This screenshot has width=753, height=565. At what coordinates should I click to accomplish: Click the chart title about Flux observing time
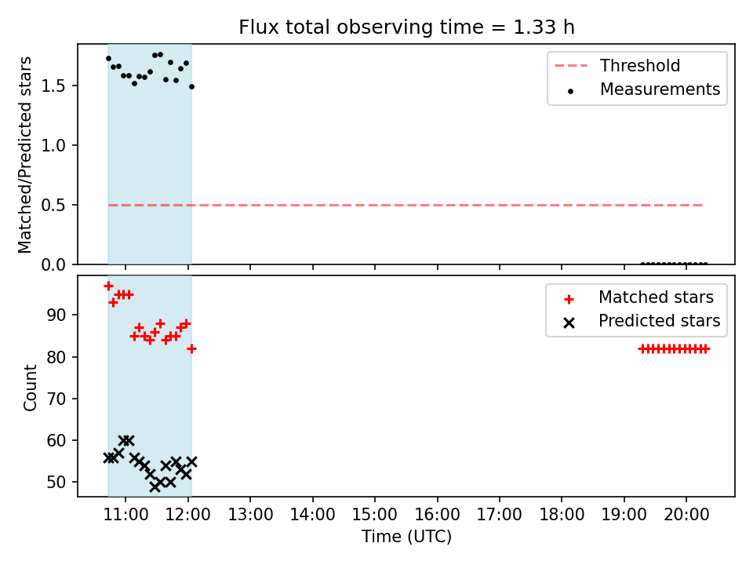(406, 27)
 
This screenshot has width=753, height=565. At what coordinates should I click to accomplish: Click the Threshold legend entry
(617, 65)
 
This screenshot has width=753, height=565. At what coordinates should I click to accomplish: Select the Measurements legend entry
(643, 89)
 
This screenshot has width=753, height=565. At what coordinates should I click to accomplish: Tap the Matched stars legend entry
(638, 297)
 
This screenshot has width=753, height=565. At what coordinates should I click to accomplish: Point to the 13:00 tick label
(250, 515)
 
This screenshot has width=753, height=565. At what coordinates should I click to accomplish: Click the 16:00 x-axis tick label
(437, 515)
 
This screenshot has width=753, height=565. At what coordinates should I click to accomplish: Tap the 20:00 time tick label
(686, 515)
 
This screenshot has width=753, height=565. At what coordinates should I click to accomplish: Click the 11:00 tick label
(125, 515)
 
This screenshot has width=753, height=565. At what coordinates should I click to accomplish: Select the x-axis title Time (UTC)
(406, 537)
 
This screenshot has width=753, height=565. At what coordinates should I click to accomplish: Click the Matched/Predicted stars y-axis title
(24, 155)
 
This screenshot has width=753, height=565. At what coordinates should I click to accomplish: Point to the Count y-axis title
(30, 387)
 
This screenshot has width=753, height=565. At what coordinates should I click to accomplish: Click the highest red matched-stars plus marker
(108, 286)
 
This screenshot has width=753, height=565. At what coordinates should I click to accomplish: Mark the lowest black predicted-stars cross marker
(155, 487)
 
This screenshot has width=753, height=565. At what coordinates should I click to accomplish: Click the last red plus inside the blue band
(191, 348)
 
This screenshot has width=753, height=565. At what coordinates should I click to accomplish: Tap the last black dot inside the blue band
(191, 87)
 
